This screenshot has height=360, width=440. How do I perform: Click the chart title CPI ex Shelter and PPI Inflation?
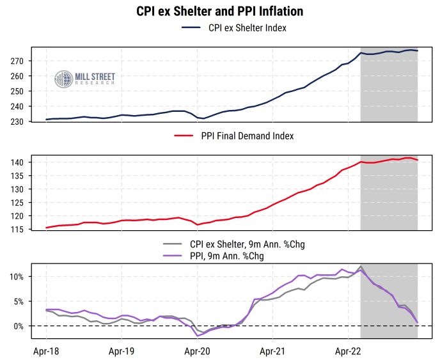219,12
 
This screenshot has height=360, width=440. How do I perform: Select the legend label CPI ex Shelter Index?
247,28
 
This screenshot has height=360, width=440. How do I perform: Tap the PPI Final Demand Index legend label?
247,136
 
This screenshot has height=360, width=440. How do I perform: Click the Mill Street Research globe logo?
63,80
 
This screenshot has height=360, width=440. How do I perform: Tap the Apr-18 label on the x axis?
46,350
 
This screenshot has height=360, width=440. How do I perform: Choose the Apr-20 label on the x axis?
197,350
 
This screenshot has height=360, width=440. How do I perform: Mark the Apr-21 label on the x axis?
272,350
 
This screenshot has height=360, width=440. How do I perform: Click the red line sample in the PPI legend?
184,136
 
